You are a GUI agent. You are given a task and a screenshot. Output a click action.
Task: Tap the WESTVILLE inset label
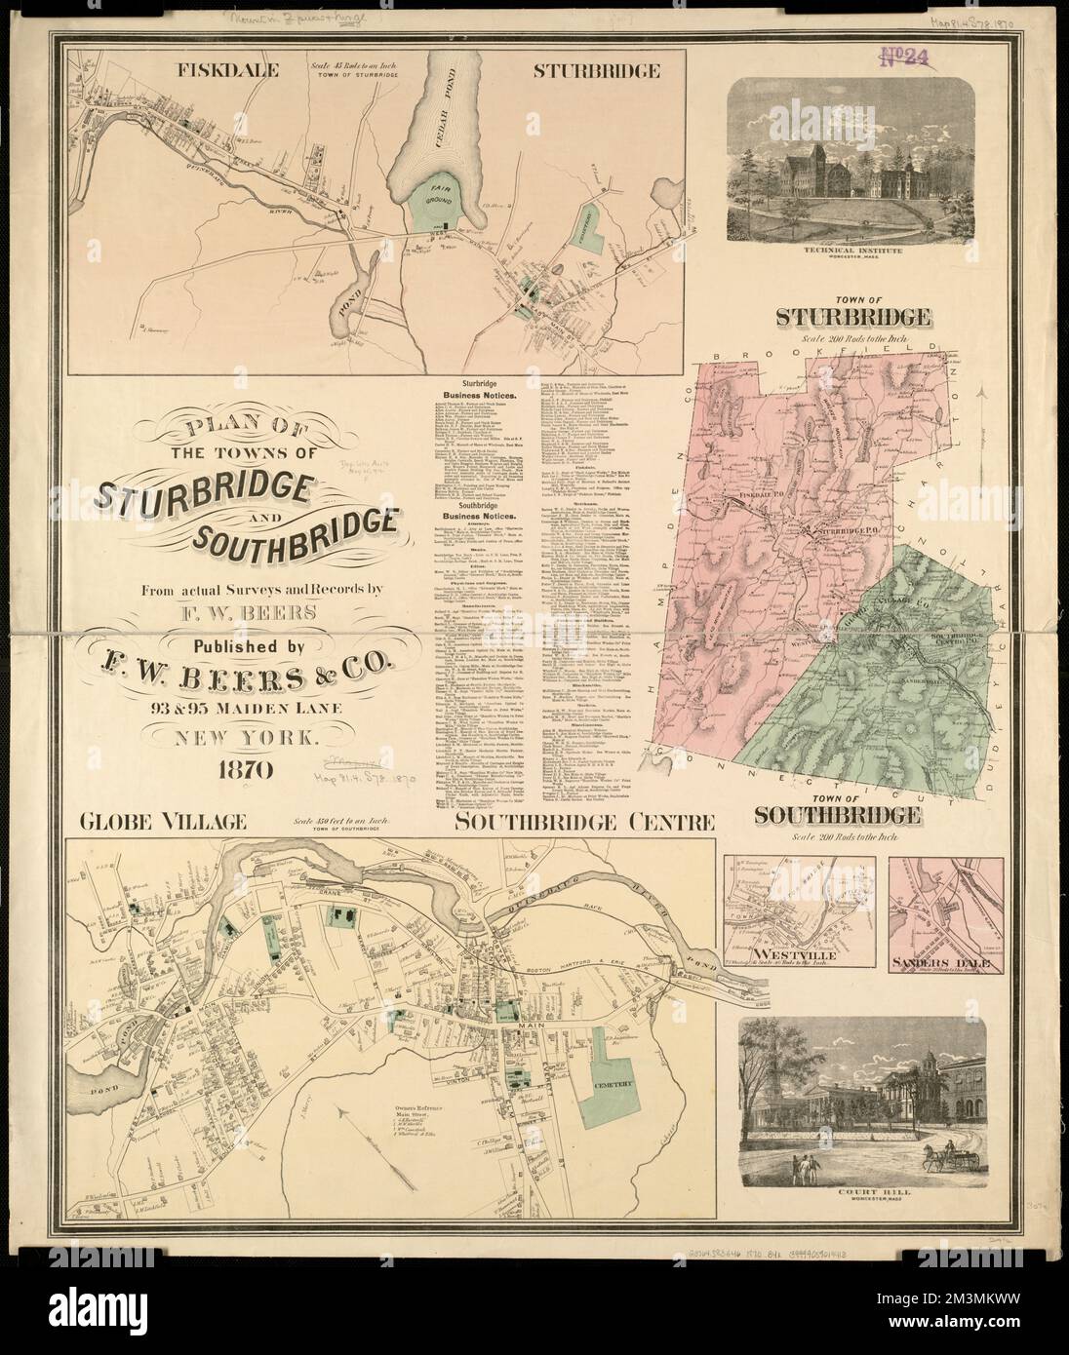[x=788, y=953]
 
